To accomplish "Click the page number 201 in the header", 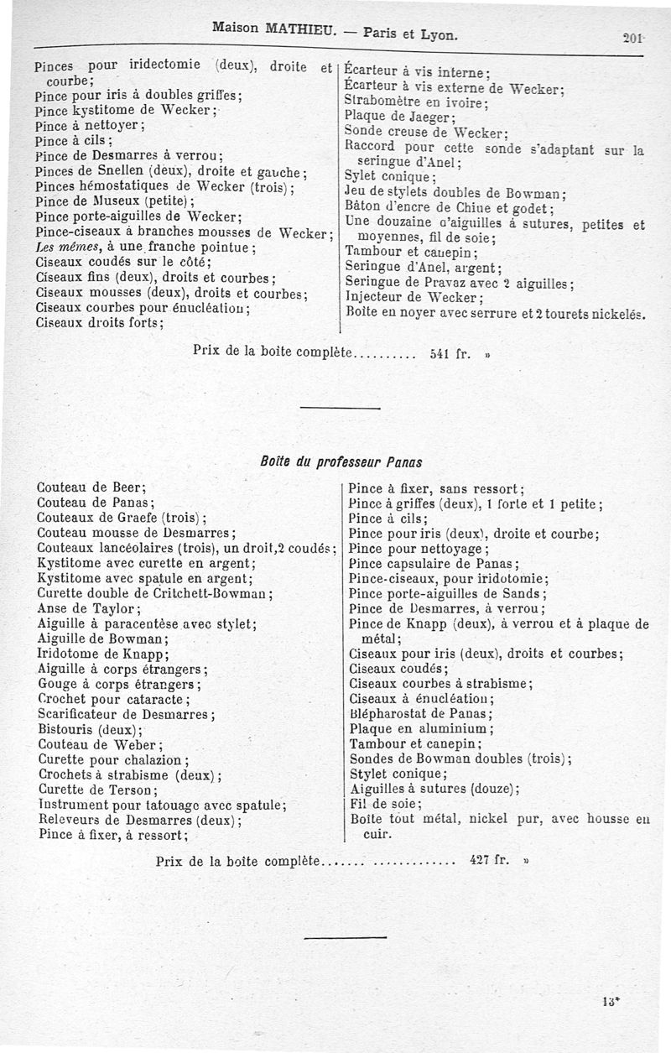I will point(632,37).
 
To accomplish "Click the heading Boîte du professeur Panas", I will point(341,461).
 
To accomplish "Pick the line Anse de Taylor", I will point(89,608).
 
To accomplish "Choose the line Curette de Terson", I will point(97,790).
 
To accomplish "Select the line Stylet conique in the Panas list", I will point(393,774).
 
